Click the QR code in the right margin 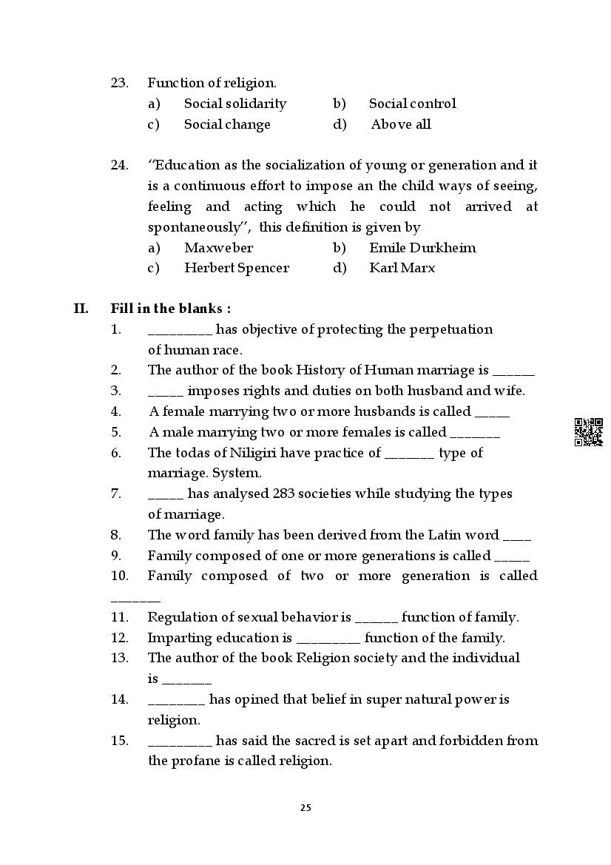click(x=588, y=432)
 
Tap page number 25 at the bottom click(x=305, y=807)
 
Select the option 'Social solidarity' click(x=234, y=104)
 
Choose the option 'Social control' click(x=412, y=104)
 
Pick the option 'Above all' click(x=401, y=124)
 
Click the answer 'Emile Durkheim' click(x=422, y=248)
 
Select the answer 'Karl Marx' click(x=402, y=268)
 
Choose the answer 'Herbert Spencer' click(x=236, y=268)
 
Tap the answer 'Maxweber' click(x=218, y=248)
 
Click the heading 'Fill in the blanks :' click(x=170, y=309)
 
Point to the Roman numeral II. click(x=81, y=309)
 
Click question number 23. click(x=119, y=83)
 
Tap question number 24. click(x=119, y=165)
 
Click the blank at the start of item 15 click(x=180, y=741)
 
